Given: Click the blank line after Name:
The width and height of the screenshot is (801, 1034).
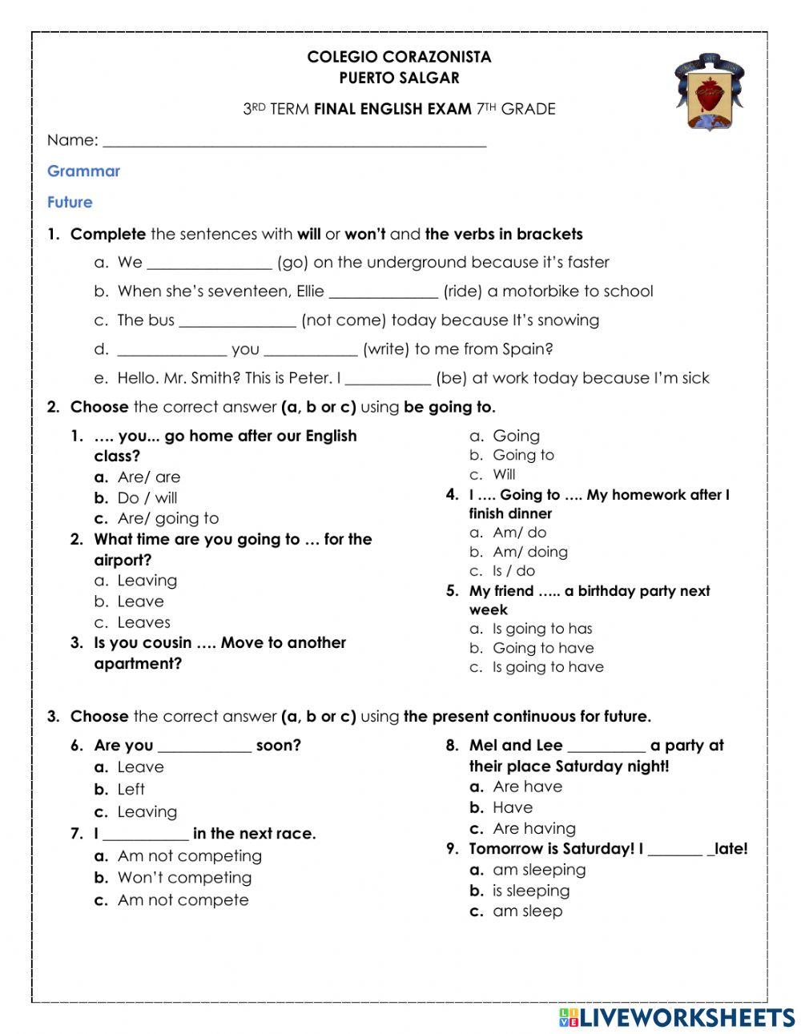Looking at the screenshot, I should (x=294, y=141).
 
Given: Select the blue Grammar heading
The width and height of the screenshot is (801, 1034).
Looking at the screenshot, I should (x=83, y=171).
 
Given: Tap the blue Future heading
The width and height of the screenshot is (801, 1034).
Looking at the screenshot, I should (x=70, y=202).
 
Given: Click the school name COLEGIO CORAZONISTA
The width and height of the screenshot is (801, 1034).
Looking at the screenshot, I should (x=399, y=57).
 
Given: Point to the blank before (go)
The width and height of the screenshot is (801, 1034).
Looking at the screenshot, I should (x=209, y=264).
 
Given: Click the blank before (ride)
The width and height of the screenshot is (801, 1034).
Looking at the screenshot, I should (x=383, y=292).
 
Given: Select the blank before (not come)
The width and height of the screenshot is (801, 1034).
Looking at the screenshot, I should (x=237, y=321).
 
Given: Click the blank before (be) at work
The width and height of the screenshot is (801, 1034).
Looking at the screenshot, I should (x=388, y=379).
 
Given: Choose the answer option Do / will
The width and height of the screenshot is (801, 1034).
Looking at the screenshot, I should (x=147, y=497).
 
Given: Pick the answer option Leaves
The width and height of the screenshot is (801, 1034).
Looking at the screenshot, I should (x=144, y=622).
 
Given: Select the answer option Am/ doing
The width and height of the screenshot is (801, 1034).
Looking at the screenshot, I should (x=529, y=552).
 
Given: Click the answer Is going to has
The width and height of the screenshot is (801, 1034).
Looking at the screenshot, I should (x=542, y=629).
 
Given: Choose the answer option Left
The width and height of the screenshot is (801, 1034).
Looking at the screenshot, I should (x=131, y=789).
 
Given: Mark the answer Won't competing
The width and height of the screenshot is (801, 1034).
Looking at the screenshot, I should (x=184, y=878).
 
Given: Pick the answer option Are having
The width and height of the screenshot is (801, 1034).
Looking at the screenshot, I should (x=533, y=828).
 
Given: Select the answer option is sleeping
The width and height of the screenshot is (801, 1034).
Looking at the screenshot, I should (x=531, y=891).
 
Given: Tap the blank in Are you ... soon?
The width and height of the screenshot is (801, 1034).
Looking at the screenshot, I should (x=205, y=746).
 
